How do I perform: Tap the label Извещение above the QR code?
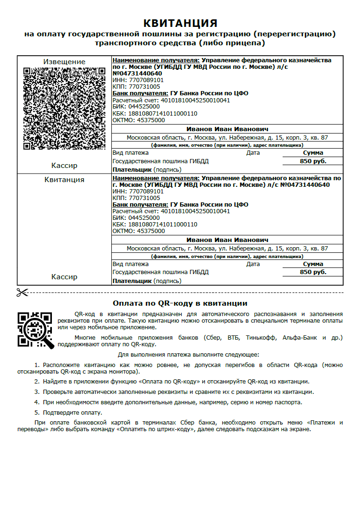[x=64, y=62]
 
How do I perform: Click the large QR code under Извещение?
[x=64, y=108]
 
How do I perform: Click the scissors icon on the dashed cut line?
[x=22, y=292]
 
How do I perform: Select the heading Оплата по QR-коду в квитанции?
[x=180, y=303]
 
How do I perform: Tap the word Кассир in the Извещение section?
[x=64, y=166]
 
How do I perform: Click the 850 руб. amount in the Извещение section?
[x=313, y=161]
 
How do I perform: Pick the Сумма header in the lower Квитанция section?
[x=313, y=264]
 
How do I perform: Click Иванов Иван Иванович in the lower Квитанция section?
[x=227, y=240]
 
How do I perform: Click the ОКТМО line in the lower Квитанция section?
[x=139, y=231]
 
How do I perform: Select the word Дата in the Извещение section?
[x=253, y=153]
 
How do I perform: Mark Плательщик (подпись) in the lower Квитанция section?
[x=147, y=281]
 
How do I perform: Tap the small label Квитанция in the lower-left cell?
[x=64, y=180]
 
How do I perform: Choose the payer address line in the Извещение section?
[x=227, y=138]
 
